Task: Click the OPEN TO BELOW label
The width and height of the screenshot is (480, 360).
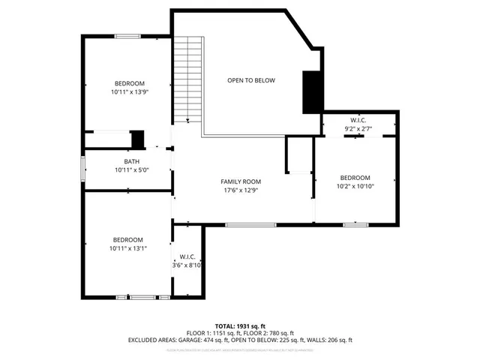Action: [x=251, y=80]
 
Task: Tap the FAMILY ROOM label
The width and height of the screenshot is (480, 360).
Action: [x=240, y=181]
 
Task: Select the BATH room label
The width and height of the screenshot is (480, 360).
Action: [x=131, y=161]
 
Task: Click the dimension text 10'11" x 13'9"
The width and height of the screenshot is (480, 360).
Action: [x=129, y=91]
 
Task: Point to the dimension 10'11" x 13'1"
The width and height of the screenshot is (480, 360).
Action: [x=127, y=248]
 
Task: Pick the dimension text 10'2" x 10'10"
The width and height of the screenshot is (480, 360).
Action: [x=355, y=186]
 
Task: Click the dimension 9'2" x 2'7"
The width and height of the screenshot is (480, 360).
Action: [x=358, y=129]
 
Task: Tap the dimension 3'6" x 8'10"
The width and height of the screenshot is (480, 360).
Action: [x=187, y=265]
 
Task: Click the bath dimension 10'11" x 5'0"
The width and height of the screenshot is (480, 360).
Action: [x=131, y=169]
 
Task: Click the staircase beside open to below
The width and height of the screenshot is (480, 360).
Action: [x=187, y=79]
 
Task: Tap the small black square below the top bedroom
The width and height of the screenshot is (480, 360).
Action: [x=137, y=139]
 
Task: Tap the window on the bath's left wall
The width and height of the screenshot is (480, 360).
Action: [x=83, y=168]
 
